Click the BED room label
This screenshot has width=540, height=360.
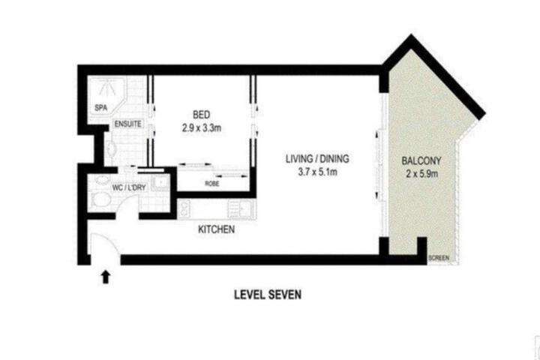202,114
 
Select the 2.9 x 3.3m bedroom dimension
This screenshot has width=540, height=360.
202,128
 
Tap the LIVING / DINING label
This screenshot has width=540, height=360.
317,159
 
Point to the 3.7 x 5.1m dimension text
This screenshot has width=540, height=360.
317,172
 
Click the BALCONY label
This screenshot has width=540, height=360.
421,161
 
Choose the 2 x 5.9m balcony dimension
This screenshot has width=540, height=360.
421,174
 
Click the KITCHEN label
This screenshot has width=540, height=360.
216,229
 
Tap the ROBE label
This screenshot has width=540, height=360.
212,184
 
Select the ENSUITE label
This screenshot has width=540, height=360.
127,124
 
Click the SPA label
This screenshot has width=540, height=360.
101,108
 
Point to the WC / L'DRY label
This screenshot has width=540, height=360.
129,187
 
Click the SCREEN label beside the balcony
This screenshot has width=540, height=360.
439,258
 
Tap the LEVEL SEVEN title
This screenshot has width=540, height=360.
268,295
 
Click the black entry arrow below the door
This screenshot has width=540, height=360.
106,277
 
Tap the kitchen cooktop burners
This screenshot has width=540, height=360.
184,208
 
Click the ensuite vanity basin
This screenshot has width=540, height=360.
110,148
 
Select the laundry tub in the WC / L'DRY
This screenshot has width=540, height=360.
160,182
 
